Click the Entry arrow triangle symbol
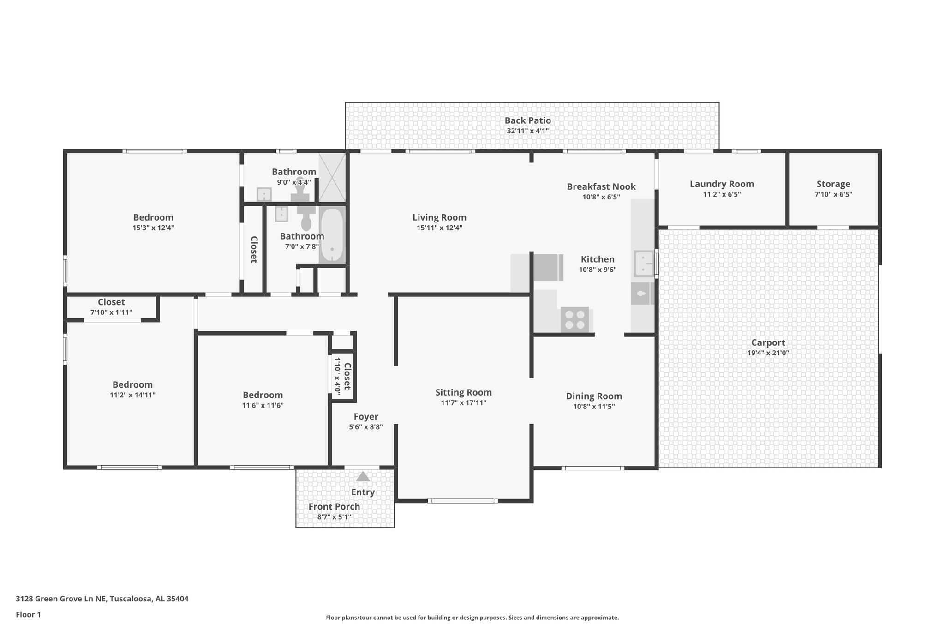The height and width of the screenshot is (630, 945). point(363,476)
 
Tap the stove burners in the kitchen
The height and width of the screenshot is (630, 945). point(575,319)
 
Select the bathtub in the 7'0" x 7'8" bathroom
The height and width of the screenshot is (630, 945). point(332,235)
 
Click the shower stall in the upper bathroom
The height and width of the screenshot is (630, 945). point(332,177)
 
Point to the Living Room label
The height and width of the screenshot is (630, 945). point(439,217)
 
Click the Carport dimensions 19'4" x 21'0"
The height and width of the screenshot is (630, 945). point(768,353)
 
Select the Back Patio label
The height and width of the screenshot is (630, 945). point(527,120)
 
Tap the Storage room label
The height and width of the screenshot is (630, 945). point(833,184)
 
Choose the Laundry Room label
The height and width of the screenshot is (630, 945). point(722,184)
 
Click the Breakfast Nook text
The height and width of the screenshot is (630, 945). point(601,186)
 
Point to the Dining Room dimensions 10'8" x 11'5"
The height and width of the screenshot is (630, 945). point(594,407)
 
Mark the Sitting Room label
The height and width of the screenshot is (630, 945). point(463,392)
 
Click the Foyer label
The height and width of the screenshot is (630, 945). point(366,417)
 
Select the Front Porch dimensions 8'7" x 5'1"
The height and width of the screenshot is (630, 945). point(334,517)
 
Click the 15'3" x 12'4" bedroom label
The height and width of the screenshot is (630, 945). point(153,217)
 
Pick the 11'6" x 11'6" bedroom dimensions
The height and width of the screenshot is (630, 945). point(263,406)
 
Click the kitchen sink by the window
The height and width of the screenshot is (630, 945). point(643,263)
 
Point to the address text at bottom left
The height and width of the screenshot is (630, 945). point(102,599)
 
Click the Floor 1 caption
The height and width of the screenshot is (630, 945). point(28,614)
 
